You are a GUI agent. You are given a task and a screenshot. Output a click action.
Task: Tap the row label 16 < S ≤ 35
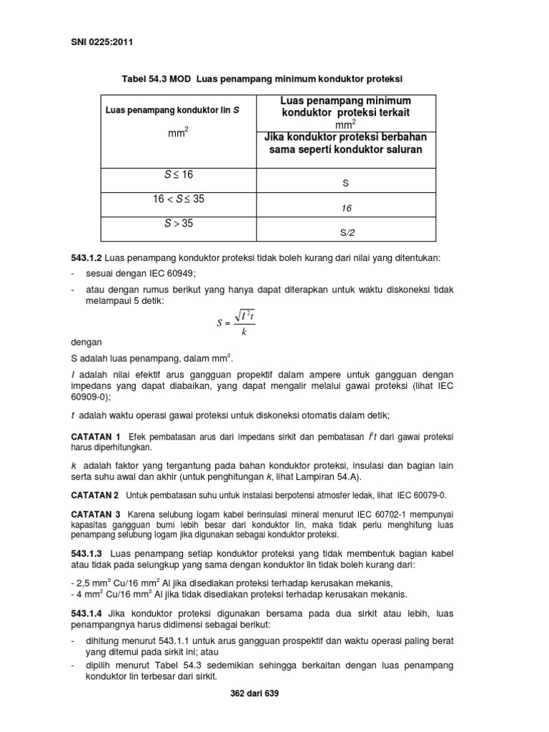[178, 199]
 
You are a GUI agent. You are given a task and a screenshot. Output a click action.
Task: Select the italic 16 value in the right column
[347, 208]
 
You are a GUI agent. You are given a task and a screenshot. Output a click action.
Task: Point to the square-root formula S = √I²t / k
[236, 322]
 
